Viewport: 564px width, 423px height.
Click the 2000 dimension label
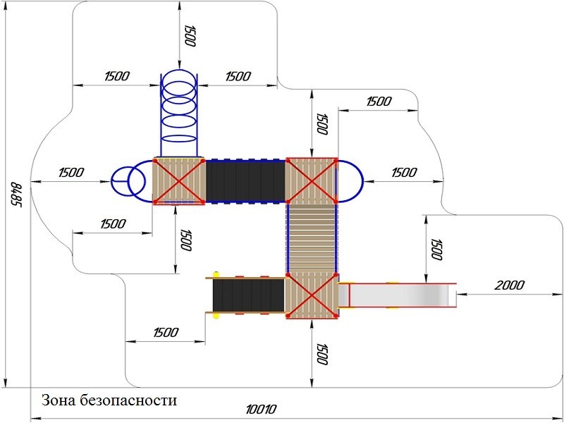coord(509,286)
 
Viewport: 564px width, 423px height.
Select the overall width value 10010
coord(261,410)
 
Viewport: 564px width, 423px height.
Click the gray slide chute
coord(398,295)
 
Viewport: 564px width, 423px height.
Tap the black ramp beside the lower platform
coord(249,295)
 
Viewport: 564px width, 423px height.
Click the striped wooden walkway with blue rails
coord(312,238)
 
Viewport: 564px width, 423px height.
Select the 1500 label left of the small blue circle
coord(71,173)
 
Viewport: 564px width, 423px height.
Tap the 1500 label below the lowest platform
coord(321,355)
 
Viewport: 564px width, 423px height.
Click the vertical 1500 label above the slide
coord(436,249)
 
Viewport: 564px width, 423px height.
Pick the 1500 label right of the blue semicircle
coord(404,173)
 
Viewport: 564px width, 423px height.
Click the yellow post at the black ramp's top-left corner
coord(216,275)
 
